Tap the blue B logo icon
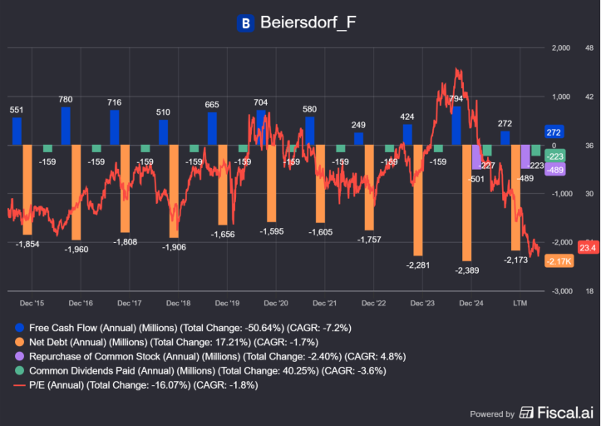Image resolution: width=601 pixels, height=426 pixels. (245, 23)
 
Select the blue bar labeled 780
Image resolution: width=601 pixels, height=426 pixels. (66, 126)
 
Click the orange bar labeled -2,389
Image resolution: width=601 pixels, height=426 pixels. (466, 203)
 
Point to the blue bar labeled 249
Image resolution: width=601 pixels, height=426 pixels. (358, 139)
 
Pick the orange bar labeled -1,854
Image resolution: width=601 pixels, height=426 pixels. (27, 191)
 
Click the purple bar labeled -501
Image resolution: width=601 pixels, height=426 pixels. (476, 157)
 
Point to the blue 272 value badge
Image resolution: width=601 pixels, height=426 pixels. (555, 132)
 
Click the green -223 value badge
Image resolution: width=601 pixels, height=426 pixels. (555, 156)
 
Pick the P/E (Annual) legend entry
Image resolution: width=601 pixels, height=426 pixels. (136, 385)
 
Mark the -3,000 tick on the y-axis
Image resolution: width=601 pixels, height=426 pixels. (561, 291)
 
